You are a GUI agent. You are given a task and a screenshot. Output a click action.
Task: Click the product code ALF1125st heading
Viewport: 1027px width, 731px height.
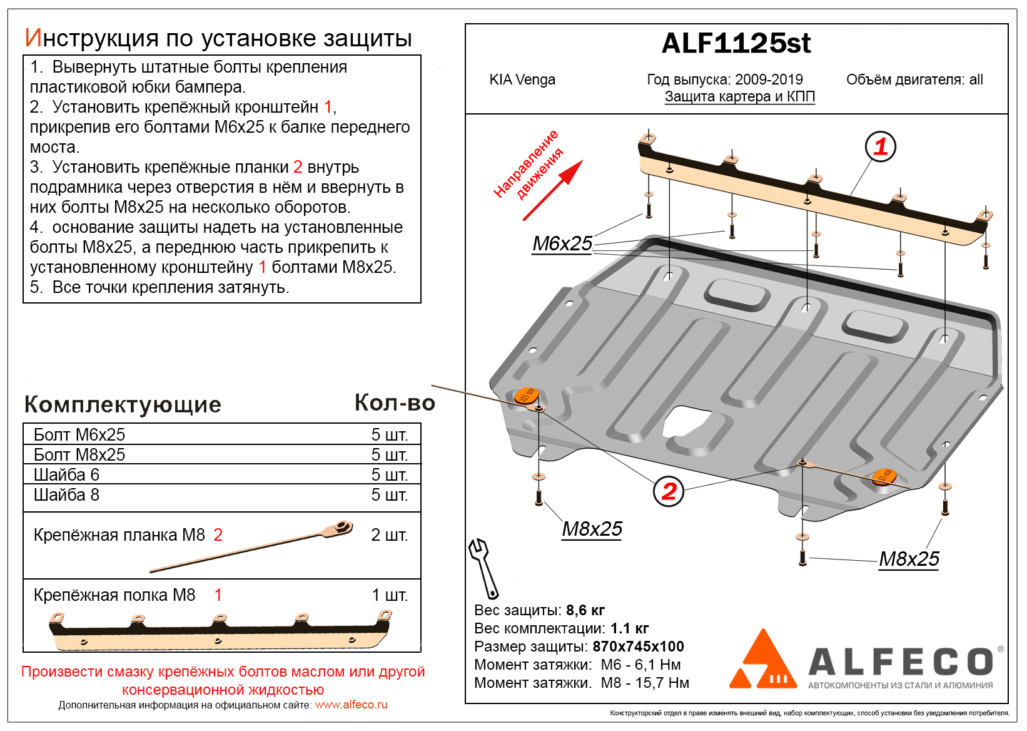736,44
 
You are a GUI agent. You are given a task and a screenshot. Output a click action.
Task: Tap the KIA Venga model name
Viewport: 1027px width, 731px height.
522,80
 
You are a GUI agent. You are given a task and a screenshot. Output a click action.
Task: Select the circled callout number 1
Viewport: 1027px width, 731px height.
880,147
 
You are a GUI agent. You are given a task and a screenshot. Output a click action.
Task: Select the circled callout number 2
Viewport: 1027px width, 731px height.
669,491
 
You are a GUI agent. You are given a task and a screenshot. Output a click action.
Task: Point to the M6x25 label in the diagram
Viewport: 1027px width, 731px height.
562,243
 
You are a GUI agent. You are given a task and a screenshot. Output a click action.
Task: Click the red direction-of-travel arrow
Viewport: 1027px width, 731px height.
553,190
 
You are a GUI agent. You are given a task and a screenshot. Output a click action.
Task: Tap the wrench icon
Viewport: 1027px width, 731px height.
483,568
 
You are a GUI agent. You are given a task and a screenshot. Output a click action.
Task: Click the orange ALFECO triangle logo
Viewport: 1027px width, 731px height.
763,662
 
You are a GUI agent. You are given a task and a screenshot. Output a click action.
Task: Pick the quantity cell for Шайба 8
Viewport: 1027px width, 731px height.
389,495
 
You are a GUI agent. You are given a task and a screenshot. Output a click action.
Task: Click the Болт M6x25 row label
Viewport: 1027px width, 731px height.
79,434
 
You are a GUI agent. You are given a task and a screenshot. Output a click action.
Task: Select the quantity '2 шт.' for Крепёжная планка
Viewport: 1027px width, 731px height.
389,535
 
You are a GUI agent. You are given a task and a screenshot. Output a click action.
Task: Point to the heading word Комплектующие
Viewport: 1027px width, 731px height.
123,405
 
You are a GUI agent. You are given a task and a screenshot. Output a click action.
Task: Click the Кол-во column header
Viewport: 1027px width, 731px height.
395,403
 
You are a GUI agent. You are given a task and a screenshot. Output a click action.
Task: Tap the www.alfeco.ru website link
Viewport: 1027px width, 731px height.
351,705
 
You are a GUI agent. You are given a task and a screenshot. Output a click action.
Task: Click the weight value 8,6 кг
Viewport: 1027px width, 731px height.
585,610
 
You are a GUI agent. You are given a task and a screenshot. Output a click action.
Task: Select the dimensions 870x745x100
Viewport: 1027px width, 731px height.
638,647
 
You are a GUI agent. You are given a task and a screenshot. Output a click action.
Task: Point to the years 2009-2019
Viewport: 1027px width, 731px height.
769,80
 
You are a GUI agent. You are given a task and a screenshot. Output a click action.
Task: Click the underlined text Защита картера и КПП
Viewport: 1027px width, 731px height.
739,97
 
